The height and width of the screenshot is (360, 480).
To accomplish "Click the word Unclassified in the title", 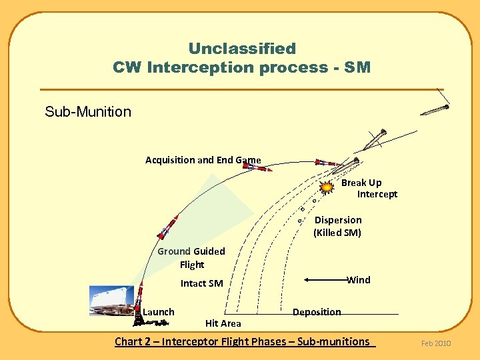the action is [x=242, y=49].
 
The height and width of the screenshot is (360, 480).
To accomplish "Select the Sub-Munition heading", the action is [x=88, y=111].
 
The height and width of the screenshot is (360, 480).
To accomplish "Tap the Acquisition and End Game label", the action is [x=203, y=160].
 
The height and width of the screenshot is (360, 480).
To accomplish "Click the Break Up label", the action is [x=361, y=183].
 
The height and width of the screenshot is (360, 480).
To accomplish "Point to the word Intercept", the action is [x=377, y=194].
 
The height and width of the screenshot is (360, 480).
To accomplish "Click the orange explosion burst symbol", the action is [x=326, y=188].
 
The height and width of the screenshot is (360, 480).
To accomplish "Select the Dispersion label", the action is [x=338, y=220].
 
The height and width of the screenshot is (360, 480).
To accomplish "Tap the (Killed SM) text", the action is [x=337, y=233].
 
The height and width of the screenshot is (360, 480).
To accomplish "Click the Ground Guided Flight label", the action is [x=191, y=257].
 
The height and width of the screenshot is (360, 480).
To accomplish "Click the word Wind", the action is [x=359, y=280].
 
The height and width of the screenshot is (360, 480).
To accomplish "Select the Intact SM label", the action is [x=202, y=283].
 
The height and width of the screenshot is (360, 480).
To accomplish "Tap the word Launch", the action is [x=159, y=312].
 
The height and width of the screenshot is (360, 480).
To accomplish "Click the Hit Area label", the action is [x=223, y=323].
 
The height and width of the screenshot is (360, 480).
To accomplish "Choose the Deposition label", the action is [x=317, y=312].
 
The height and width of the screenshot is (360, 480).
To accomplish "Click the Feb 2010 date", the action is [x=436, y=343].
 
